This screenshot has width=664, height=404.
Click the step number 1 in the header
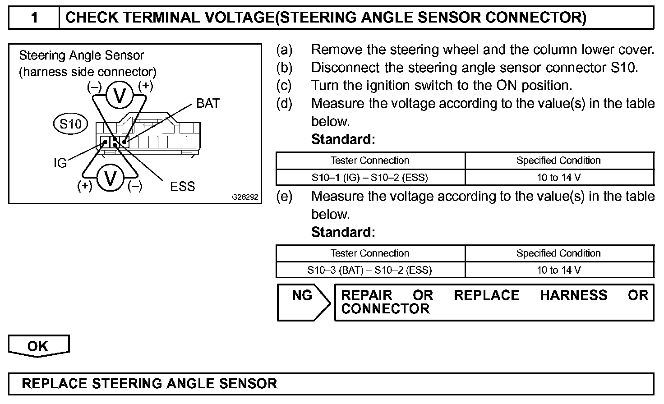pos(34,18)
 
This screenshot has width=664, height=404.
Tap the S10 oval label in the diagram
pos(70,124)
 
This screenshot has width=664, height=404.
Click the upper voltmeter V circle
pos(120,96)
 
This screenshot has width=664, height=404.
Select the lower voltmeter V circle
pos(110,179)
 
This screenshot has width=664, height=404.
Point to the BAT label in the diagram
pos(208,104)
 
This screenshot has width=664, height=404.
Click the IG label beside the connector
pos(60,163)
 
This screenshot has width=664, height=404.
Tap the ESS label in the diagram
pos(182,186)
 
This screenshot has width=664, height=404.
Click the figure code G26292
pos(245,197)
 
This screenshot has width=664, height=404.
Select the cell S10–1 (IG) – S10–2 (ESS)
pos(370,177)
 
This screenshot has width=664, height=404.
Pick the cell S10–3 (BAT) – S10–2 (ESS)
pos(370,270)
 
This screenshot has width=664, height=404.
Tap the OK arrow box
pos(38,346)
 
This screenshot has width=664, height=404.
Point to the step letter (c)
pos(284,85)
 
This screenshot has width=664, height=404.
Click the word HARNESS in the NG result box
pos(573,295)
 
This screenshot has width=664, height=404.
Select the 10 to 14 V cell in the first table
pos(558,177)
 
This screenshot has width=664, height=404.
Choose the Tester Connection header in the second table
pos(370,253)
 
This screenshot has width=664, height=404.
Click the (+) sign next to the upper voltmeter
pos(145,85)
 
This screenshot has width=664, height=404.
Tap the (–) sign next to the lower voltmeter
pos(135,186)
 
